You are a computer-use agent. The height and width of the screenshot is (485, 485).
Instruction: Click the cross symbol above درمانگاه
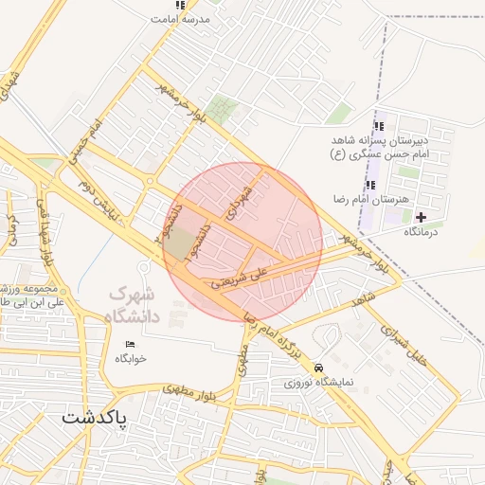pos(421,217)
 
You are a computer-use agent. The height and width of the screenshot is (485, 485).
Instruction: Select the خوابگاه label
pos(131,358)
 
